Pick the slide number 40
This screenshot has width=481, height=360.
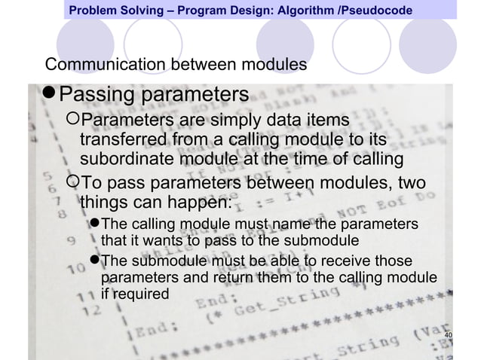(450, 335)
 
